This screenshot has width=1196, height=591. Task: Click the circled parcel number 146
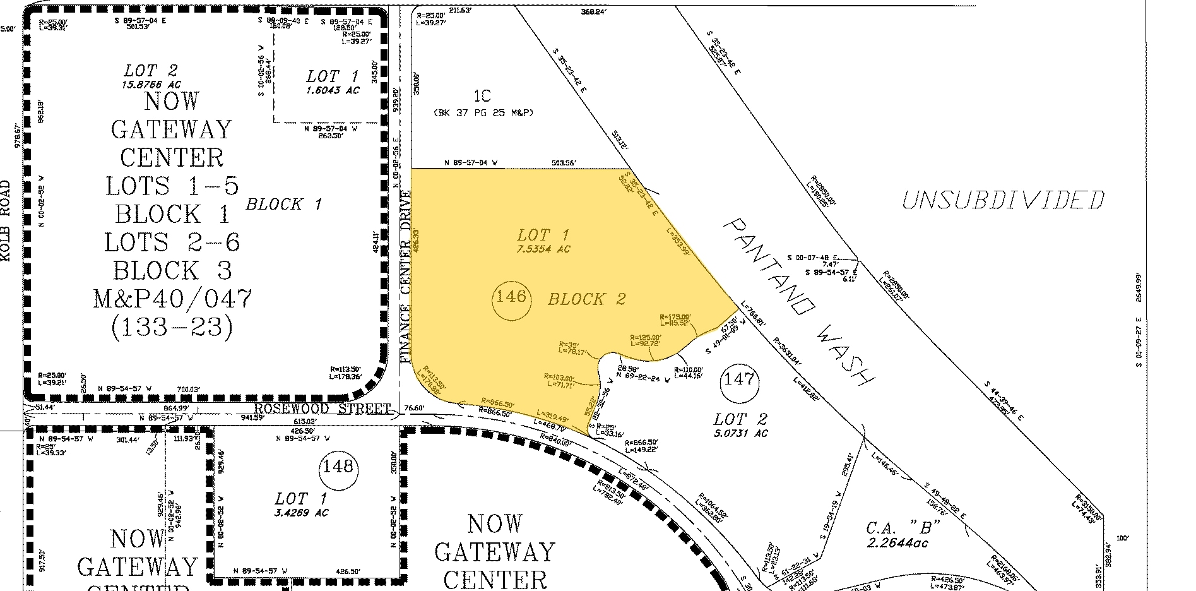click(x=511, y=296)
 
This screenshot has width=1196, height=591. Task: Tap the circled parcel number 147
click(x=738, y=379)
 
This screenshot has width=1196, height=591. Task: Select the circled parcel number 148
click(x=338, y=467)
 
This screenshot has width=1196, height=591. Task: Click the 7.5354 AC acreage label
click(x=543, y=249)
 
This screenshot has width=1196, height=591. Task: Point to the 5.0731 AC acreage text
click(x=741, y=433)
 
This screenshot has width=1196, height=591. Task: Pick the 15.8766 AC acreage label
click(x=151, y=84)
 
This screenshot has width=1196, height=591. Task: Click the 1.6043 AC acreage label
click(x=332, y=90)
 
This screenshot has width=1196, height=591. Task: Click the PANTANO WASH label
click(x=798, y=302)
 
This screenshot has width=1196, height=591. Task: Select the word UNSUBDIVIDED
click(x=1003, y=200)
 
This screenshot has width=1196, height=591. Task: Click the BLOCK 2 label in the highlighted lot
click(x=586, y=299)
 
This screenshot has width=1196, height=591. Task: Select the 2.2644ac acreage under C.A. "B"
click(x=897, y=542)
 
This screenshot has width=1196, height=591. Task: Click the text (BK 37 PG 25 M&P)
click(x=483, y=113)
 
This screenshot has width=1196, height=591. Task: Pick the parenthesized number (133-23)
click(x=172, y=327)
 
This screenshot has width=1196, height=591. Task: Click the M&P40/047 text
click(x=172, y=299)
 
